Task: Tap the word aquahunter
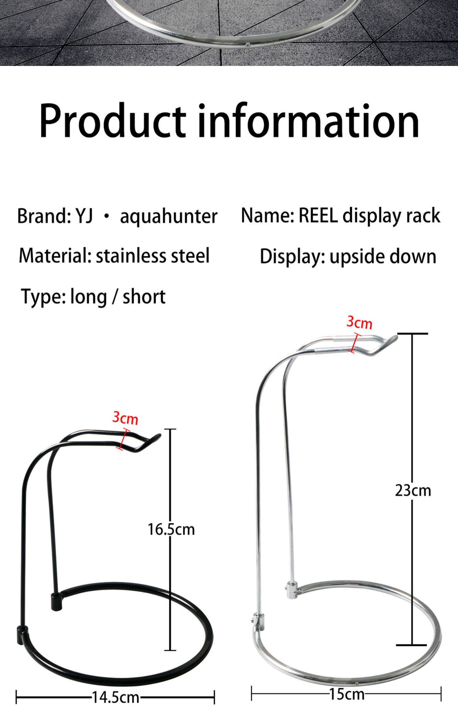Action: click(x=169, y=216)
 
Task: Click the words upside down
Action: click(x=383, y=256)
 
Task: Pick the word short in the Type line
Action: click(x=144, y=296)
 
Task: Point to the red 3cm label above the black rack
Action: click(x=125, y=418)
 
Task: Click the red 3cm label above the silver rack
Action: click(x=359, y=322)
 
